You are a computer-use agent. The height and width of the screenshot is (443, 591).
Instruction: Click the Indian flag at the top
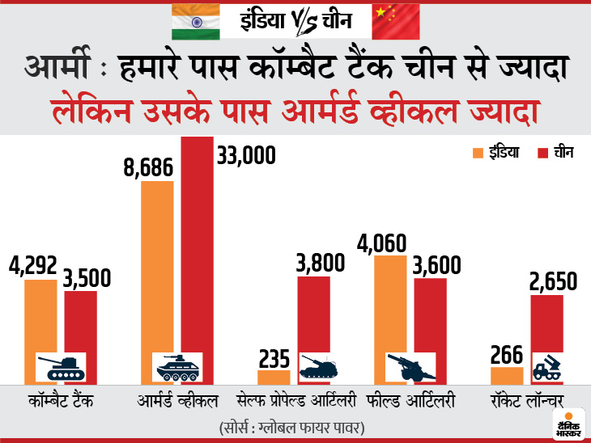coord(195,20)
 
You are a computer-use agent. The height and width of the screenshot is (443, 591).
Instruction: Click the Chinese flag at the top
coord(396,20)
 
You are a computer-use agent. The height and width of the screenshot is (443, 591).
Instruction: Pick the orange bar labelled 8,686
coord(157,267)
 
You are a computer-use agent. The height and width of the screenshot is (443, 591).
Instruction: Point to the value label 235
coord(274,357)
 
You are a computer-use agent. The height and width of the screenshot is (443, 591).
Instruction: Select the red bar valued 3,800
coord(313,319)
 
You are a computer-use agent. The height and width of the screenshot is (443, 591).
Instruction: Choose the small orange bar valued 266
coord(507,375)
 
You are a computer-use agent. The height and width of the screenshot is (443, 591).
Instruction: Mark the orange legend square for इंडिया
coord(478,151)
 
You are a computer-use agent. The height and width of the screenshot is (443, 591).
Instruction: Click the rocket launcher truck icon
coord(546,369)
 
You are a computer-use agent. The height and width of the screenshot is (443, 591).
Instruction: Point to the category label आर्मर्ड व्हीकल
coord(177,399)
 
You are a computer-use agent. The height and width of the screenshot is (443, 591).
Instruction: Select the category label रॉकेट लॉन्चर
coord(526,399)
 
